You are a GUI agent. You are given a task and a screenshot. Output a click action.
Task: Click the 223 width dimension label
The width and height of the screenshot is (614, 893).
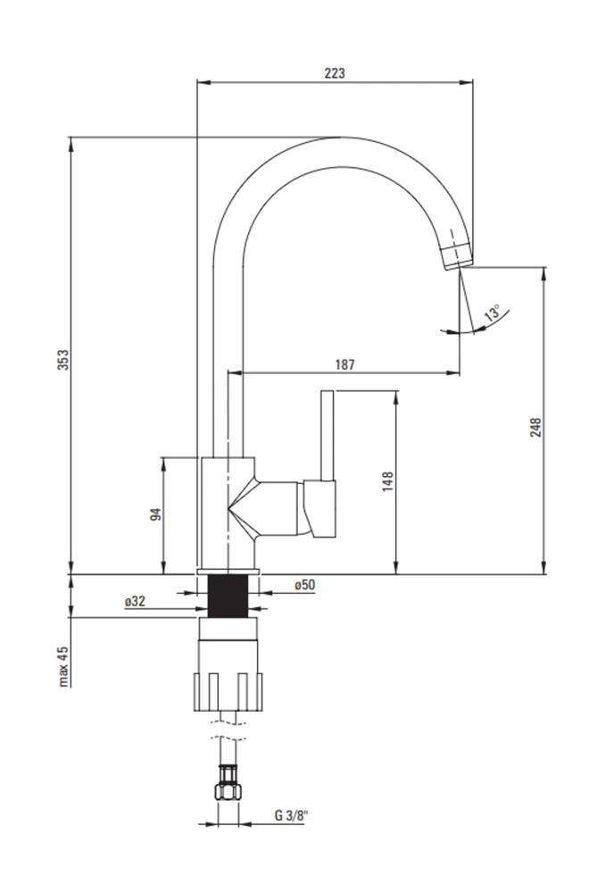pos(335,73)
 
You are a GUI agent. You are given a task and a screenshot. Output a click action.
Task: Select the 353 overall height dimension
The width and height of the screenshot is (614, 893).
pos(63,360)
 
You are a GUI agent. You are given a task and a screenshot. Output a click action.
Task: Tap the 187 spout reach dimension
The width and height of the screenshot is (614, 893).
pos(344,364)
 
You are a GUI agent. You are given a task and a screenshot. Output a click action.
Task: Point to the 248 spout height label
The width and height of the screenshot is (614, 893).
pos(535,427)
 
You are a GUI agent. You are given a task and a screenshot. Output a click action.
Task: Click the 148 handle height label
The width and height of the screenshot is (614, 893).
pos(387,481)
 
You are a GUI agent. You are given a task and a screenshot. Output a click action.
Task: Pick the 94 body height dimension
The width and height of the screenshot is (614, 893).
pos(155,514)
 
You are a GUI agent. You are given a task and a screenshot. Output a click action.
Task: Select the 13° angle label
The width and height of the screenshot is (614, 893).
pos(493,313)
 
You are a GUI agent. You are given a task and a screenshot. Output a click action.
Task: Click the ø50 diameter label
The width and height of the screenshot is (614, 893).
pos(305,585)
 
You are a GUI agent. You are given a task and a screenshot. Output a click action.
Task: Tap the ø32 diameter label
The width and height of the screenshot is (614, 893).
pos(136,601)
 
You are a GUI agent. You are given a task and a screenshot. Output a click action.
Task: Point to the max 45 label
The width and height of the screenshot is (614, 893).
pos(63,666)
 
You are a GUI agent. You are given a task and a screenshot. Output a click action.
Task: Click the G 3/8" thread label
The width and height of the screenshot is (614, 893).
pos(291,815)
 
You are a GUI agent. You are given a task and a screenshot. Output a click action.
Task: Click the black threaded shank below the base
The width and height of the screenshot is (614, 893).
pos(228,596)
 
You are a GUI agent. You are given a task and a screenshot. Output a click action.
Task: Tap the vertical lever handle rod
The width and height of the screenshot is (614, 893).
pos(327,436)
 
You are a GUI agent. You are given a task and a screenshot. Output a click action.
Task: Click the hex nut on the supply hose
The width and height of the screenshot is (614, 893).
pos(228,791)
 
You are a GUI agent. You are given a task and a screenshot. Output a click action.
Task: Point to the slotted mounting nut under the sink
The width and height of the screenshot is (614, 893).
pos(228,692)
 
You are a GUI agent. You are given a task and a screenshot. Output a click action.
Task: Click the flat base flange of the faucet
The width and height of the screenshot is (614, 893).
pos(228,572)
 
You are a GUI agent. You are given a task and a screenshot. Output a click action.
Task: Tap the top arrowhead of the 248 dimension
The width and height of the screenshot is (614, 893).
pos(544,274)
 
